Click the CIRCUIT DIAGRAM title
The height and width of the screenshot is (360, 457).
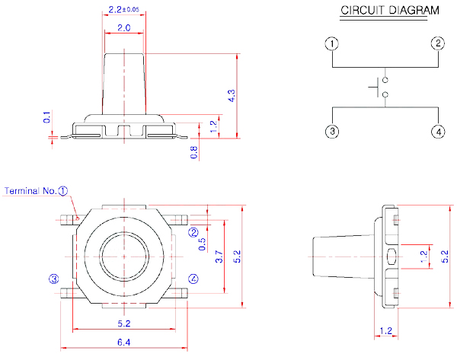coord(389,11)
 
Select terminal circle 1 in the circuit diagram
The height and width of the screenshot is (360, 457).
coord(331,43)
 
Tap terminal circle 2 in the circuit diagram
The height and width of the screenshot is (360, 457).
coord(438,43)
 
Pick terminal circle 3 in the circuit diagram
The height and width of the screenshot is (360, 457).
coord(331,132)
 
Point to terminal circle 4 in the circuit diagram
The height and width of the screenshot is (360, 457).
coord(438,132)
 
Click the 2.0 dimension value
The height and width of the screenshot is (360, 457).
coord(123,28)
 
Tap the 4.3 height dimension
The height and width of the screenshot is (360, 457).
coord(232,95)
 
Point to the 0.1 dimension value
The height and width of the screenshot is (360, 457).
coord(47,117)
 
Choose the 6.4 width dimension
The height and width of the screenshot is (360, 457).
coord(123,343)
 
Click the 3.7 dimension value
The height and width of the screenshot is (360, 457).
coord(219,256)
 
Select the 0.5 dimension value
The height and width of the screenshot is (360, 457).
coord(202,244)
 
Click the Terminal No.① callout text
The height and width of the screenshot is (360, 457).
coord(37,191)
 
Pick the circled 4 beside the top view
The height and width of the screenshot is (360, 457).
coord(193,279)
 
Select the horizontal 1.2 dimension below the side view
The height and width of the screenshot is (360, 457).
coord(385,331)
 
